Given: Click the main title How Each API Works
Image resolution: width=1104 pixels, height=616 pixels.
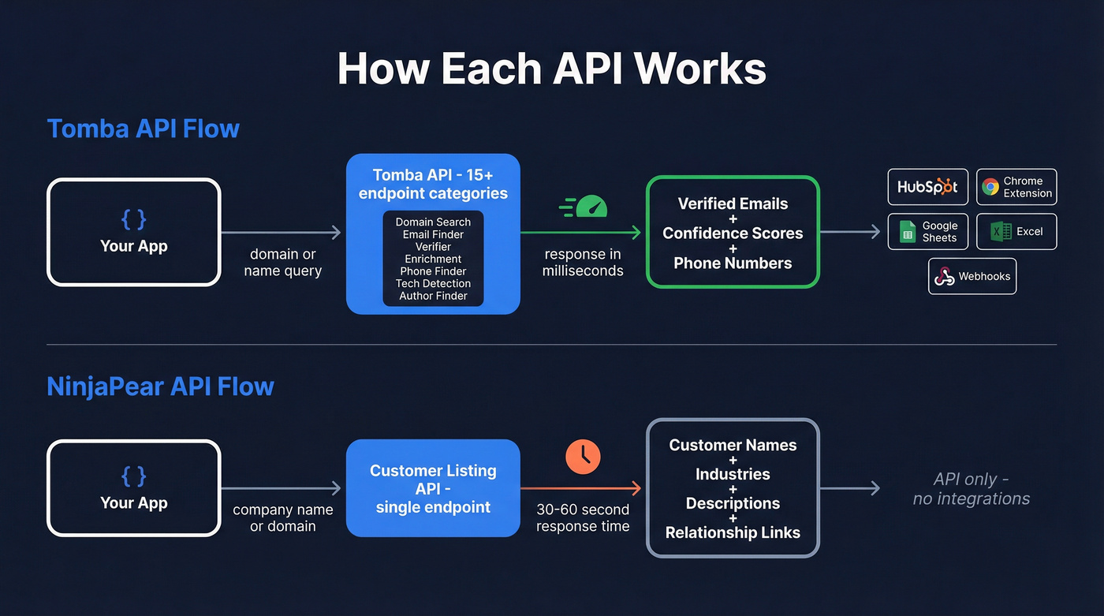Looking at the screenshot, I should pyautogui.click(x=551, y=69).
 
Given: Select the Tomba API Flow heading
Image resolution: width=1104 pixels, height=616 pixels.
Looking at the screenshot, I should pyautogui.click(x=143, y=129).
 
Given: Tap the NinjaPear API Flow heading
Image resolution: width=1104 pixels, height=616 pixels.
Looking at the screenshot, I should pyautogui.click(x=160, y=386).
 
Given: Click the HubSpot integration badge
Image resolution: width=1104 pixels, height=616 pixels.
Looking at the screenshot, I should pyautogui.click(x=927, y=187).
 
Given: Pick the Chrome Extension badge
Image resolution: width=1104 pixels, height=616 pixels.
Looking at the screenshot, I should pyautogui.click(x=1016, y=187).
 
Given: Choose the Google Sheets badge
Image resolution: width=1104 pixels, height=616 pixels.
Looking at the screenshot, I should pyautogui.click(x=927, y=231).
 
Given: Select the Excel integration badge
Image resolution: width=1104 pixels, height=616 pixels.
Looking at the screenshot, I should pyautogui.click(x=1016, y=231).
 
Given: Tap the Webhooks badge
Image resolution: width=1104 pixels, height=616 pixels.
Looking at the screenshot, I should pyautogui.click(x=972, y=276).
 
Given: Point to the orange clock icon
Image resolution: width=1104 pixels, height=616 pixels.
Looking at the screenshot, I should pyautogui.click(x=583, y=457).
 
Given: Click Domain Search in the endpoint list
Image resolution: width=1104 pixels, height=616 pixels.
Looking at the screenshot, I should pyautogui.click(x=433, y=222).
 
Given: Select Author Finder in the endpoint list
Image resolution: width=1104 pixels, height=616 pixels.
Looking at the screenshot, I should pyautogui.click(x=433, y=296).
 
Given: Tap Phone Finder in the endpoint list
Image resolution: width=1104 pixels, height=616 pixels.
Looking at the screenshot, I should pyautogui.click(x=433, y=271).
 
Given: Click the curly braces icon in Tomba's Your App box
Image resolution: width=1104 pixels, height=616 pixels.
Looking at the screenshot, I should pyautogui.click(x=133, y=218).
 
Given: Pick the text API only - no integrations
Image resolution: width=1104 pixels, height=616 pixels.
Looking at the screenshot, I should pyautogui.click(x=971, y=489).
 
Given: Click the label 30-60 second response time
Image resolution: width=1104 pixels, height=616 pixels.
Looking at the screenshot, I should pyautogui.click(x=583, y=518).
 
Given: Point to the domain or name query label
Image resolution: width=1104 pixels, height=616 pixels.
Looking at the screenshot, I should pyautogui.click(x=282, y=263).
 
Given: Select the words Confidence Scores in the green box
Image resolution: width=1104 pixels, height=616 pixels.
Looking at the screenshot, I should pyautogui.click(x=733, y=233).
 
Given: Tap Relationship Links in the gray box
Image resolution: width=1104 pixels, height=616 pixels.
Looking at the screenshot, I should pyautogui.click(x=733, y=533).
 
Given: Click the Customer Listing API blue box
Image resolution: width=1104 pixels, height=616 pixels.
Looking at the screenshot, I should pyautogui.click(x=433, y=488).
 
